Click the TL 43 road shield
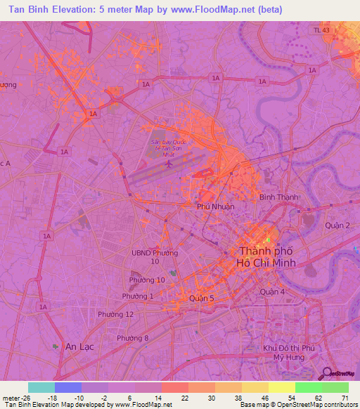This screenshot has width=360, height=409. (321, 30)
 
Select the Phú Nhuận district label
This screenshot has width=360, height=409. (215, 207)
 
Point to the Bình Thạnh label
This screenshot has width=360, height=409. (276, 198)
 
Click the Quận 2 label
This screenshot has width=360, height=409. (337, 226)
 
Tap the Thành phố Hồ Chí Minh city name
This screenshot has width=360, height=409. (268, 257)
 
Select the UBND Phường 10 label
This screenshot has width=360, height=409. (155, 257)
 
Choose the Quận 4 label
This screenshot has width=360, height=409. (271, 292)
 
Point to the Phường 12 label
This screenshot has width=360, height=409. (115, 314)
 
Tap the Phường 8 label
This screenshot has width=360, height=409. (133, 339)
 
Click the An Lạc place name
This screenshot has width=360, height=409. (79, 346)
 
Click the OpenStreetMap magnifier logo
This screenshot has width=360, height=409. (326, 373)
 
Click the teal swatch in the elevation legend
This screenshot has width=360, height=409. (41, 387)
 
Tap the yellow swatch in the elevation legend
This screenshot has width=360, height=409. (281, 387)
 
